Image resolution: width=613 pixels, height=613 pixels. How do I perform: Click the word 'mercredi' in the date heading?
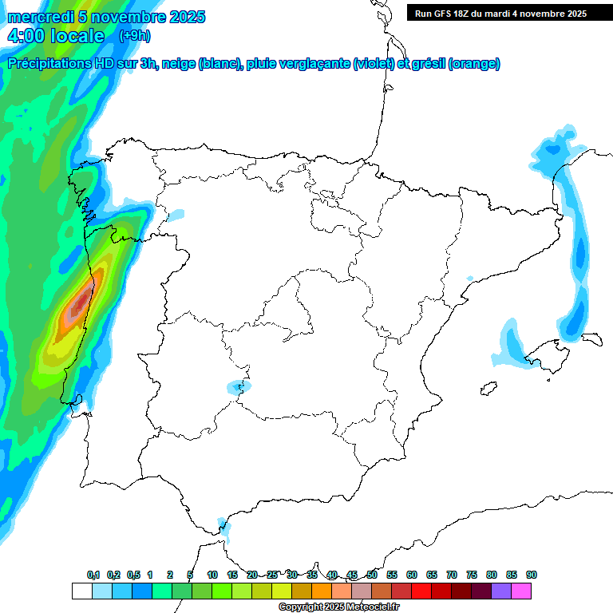(40, 17)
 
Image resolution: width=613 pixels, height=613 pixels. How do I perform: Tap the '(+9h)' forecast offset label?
(134, 35)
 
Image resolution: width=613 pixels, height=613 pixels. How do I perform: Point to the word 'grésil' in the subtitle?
(429, 64)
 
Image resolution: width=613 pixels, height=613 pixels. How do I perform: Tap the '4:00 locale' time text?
(56, 36)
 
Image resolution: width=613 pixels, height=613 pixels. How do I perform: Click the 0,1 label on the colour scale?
(93, 575)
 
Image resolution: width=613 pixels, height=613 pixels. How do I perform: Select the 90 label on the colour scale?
(532, 575)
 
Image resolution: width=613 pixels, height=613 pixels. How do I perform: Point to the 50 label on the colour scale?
(372, 575)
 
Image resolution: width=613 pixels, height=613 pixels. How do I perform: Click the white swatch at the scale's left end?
(81, 591)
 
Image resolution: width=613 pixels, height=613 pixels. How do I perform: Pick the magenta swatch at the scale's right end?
(521, 591)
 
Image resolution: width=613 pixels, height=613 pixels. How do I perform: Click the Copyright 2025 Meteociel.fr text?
(338, 607)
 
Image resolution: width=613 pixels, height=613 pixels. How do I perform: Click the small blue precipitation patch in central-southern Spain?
(238, 387)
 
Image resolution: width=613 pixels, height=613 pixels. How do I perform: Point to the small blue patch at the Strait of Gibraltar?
(223, 527)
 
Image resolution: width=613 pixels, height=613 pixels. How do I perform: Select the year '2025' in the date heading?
(185, 17)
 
